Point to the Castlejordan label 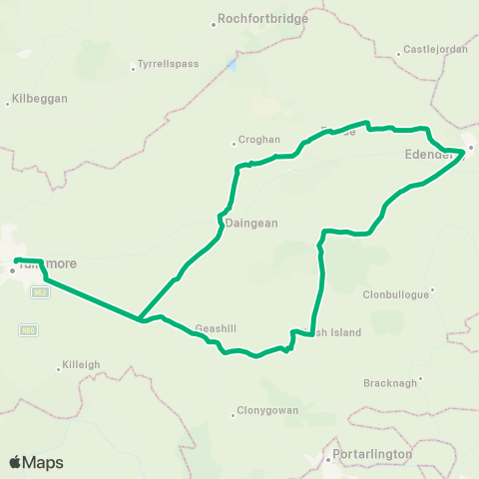(431, 49)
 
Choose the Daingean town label (250, 224)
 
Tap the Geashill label (217, 327)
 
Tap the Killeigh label (81, 364)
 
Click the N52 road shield (39, 291)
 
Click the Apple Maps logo (36, 462)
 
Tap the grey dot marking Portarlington (328, 461)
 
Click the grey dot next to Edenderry (471, 149)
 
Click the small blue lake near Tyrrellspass (232, 65)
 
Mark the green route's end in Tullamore (17, 261)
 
